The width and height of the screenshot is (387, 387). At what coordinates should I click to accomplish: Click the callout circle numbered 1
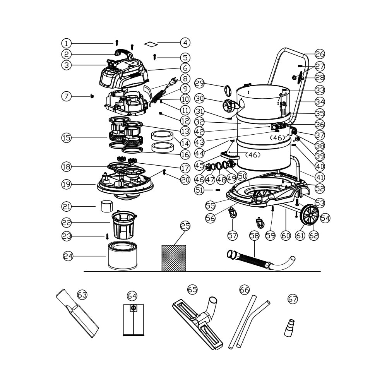66,43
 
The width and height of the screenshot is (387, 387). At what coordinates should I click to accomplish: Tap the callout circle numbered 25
185,226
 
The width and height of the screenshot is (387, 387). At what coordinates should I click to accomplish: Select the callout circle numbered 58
254,235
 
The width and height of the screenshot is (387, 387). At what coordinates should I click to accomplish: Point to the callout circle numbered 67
293,299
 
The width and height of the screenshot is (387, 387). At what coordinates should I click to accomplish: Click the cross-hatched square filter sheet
174,258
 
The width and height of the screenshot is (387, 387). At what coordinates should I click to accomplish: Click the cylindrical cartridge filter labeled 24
123,256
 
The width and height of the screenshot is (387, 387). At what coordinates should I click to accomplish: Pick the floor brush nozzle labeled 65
197,323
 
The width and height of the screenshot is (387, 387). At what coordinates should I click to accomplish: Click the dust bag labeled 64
133,320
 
